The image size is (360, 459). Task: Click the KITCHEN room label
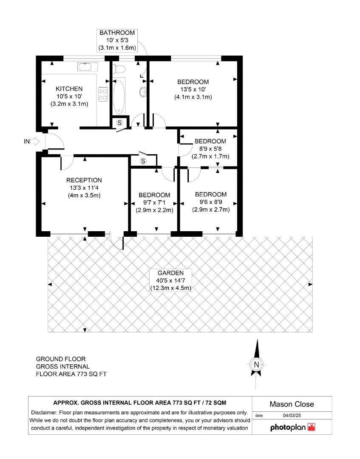click(x=69, y=89)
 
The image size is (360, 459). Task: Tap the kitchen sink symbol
click(x=88, y=67)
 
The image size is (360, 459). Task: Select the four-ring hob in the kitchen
click(x=103, y=94)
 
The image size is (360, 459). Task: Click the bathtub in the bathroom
click(x=119, y=96)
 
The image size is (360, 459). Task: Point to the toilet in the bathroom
click(x=119, y=68)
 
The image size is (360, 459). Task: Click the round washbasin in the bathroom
click(x=142, y=92)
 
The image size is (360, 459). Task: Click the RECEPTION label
click(x=84, y=180)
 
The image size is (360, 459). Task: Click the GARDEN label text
click(x=170, y=273)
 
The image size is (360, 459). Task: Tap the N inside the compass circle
click(x=257, y=365)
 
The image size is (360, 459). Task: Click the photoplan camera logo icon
click(x=312, y=427)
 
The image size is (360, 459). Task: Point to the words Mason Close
click(x=292, y=404)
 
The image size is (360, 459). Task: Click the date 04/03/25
click(x=292, y=415)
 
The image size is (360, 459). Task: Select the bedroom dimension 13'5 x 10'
click(x=193, y=90)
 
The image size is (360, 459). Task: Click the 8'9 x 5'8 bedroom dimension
click(x=210, y=149)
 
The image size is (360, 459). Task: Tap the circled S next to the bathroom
click(x=119, y=123)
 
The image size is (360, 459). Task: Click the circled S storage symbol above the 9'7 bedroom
click(x=143, y=161)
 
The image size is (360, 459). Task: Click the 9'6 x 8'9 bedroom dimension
click(x=211, y=202)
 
